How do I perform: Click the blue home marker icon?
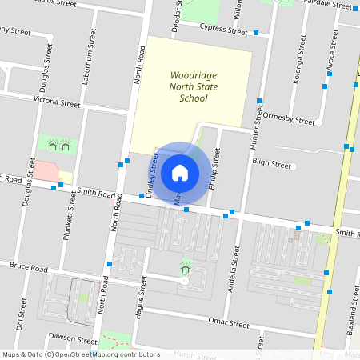(x=180, y=172)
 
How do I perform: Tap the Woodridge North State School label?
(x=189, y=87)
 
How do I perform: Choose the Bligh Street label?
(x=270, y=164)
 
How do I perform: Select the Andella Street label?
(x=235, y=268)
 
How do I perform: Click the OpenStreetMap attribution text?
(x=81, y=354)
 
